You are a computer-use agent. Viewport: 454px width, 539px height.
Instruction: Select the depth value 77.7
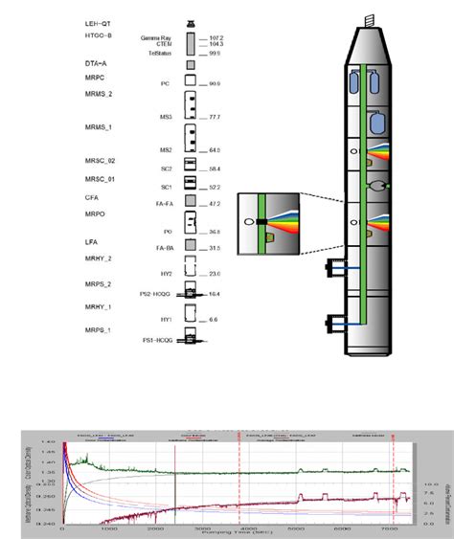click(x=215, y=117)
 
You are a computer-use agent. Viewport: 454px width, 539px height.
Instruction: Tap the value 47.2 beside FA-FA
click(x=215, y=204)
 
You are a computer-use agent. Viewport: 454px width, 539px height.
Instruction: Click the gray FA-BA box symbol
click(x=191, y=248)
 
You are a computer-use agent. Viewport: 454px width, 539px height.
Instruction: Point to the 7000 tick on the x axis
click(x=388, y=527)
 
